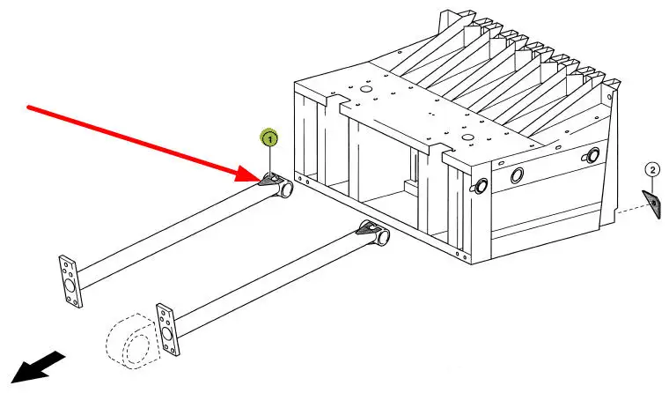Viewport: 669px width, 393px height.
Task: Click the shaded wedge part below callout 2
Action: point(652,204)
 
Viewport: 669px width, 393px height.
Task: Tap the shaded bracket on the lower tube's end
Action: point(365,231)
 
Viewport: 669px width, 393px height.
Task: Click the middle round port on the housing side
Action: point(518,174)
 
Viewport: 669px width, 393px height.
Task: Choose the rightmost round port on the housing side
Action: point(592,156)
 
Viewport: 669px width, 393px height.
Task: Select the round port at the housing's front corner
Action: point(482,185)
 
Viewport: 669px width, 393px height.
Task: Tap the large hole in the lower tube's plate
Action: point(168,334)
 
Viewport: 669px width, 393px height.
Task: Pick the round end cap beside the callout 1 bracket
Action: point(284,188)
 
